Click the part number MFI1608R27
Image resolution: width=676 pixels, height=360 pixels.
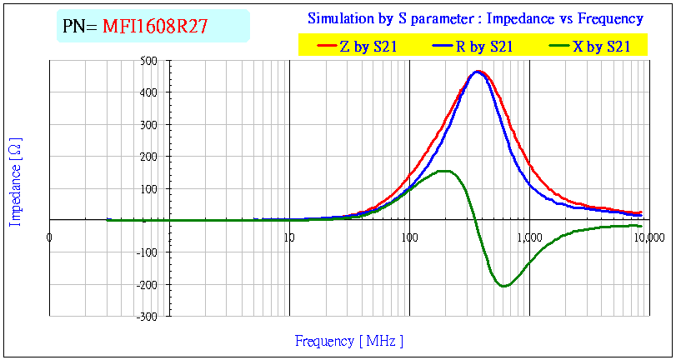tap(155, 27)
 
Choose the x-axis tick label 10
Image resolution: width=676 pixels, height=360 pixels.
tap(289, 237)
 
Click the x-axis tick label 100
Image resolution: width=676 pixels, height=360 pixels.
tap(408, 237)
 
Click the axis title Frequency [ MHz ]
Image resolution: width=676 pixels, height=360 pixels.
tap(349, 341)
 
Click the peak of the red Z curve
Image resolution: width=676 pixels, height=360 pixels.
tap(478, 72)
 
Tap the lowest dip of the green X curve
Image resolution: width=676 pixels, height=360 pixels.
tap(503, 286)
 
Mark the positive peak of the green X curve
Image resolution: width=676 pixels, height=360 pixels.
tap(443, 172)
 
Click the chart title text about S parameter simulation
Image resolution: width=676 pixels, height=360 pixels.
tap(475, 18)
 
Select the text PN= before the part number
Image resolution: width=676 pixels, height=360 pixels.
tap(81, 27)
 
